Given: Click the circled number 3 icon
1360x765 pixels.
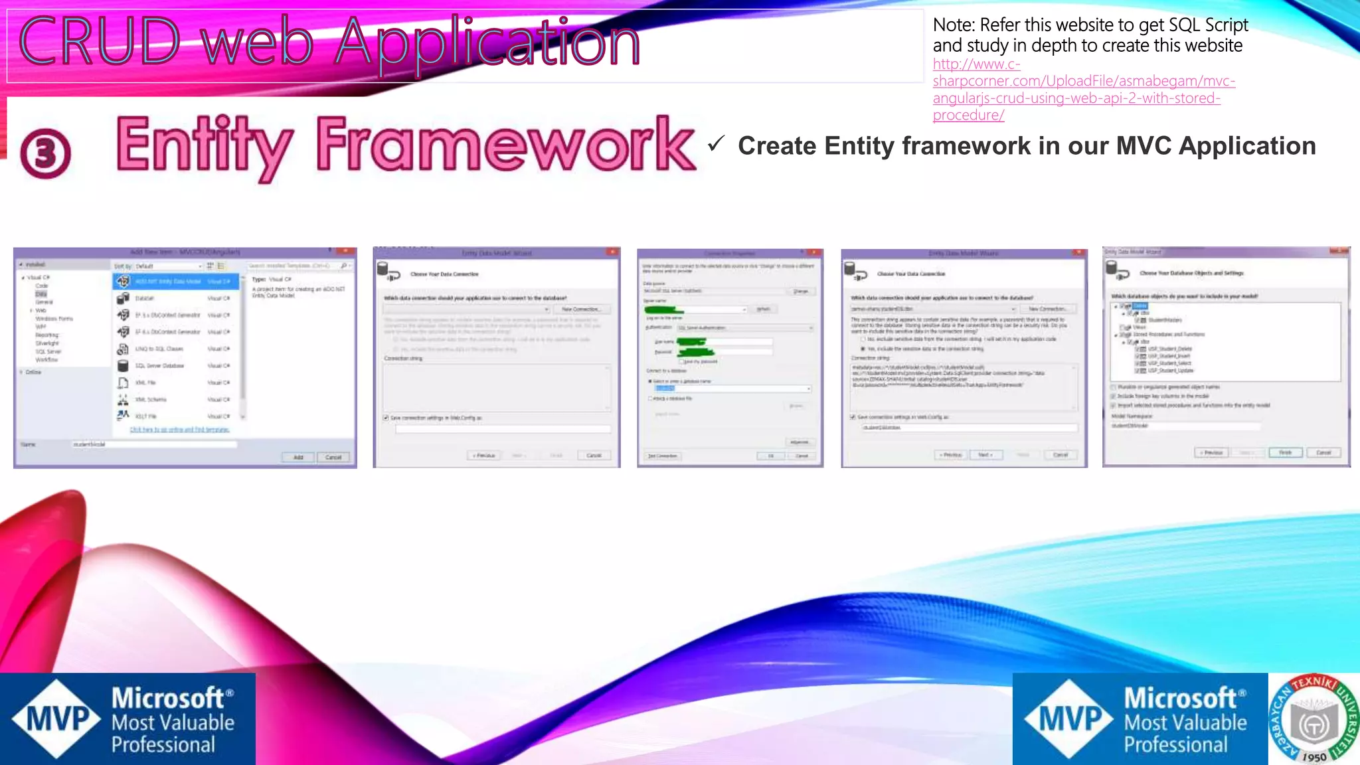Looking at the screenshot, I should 45,153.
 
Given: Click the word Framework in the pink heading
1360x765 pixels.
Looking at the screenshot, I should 505,145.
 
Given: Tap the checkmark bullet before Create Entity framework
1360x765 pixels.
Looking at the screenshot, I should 716,143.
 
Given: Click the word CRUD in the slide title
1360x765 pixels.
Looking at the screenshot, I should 100,41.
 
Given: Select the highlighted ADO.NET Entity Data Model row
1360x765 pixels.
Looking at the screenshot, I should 176,282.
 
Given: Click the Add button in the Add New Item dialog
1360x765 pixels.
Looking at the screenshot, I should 298,457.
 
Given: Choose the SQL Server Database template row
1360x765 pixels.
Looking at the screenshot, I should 176,366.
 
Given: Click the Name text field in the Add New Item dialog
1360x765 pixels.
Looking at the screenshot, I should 154,444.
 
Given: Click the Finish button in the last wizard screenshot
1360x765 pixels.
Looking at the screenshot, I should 1285,452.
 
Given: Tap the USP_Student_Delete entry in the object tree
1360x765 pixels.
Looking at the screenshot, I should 1169,349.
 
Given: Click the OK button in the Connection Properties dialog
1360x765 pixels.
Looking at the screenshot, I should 771,456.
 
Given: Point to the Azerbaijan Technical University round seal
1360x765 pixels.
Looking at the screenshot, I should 1314,719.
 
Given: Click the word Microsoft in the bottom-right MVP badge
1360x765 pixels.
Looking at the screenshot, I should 1179,699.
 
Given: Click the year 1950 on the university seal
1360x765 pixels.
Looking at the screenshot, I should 1314,757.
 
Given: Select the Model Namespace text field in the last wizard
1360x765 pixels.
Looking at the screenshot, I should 1185,426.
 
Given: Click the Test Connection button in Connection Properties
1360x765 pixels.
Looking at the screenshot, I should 663,456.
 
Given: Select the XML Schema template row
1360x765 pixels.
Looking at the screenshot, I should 176,400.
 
